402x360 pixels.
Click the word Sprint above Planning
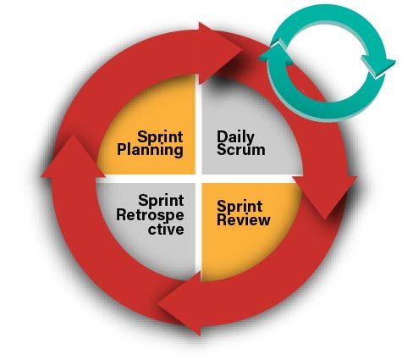160,137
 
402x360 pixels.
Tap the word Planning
150,150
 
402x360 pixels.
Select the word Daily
235,137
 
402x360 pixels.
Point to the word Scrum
241,149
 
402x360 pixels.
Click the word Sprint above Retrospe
161,201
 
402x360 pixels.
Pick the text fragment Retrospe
150,215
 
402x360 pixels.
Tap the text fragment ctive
166,229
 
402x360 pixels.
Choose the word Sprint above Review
240,207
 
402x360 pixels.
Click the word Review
244,219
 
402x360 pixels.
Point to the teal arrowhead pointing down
378,66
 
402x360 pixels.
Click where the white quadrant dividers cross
199,179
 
